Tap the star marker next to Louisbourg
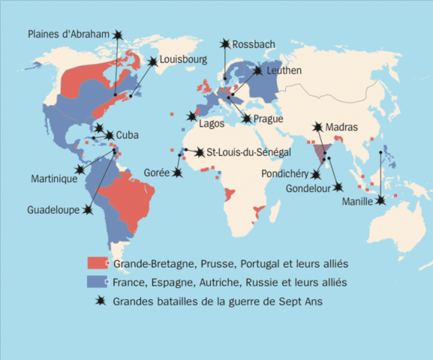(152, 61)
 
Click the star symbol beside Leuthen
(258, 70)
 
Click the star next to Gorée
(178, 172)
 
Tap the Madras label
(341, 127)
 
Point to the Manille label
(358, 201)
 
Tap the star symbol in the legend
(98, 301)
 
